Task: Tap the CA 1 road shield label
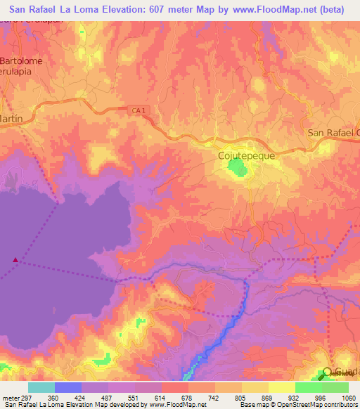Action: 139,110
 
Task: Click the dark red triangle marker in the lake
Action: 15,260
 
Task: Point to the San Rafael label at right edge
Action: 333,133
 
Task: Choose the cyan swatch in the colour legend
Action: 41,387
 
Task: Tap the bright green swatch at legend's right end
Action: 335,387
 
